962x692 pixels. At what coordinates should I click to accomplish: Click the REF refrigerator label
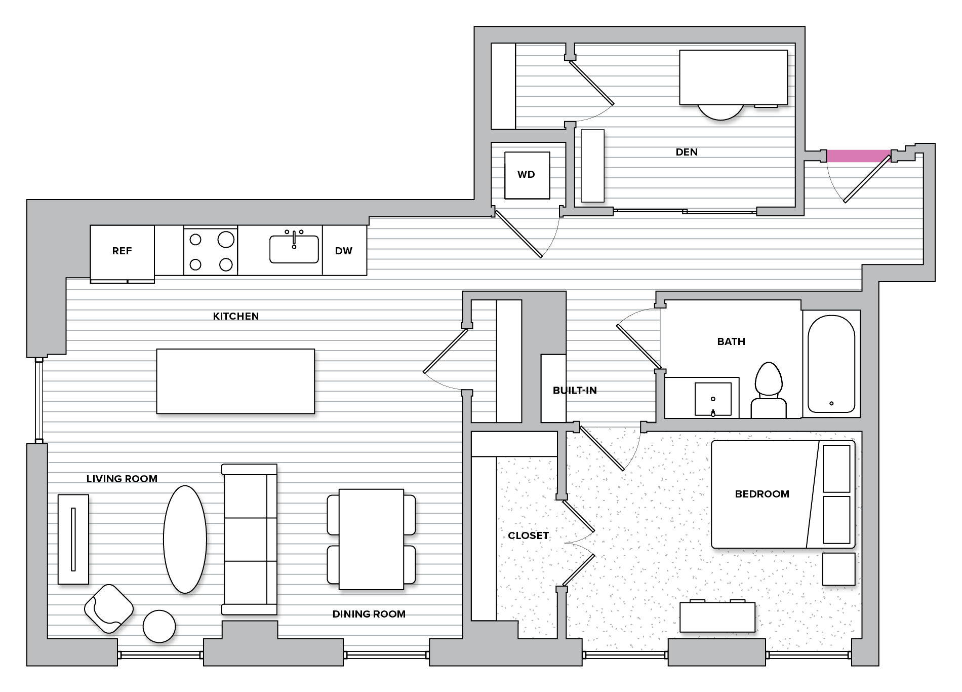point(122,251)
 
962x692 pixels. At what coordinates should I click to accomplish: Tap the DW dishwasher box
point(344,251)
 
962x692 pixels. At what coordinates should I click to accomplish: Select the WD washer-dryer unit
point(527,175)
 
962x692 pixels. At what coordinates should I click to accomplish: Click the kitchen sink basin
point(294,249)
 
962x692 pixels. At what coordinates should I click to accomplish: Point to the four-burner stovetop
point(211,251)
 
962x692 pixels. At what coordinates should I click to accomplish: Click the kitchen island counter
point(235,381)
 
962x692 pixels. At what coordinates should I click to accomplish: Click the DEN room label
point(687,152)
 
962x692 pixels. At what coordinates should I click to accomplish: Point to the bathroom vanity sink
point(713,399)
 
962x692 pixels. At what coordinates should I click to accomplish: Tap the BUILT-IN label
point(575,391)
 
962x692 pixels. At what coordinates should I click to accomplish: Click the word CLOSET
point(528,535)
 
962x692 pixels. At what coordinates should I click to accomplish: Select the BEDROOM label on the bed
point(762,494)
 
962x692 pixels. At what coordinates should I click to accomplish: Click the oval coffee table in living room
point(185,539)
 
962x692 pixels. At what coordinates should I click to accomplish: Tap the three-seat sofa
point(250,539)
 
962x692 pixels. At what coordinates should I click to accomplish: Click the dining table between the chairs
point(371,539)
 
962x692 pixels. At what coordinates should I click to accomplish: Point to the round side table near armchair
point(159,626)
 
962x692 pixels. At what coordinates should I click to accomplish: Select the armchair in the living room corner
point(109,608)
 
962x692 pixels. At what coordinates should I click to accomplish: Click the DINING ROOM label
point(369,614)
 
